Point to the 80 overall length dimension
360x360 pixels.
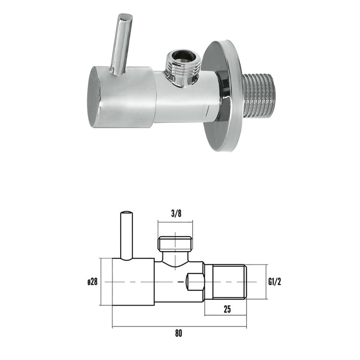179,333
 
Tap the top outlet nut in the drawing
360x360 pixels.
175,243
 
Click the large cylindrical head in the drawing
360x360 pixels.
133,282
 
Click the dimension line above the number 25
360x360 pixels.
225,315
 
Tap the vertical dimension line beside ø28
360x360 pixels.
104,282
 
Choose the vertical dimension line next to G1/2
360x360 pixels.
266,282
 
